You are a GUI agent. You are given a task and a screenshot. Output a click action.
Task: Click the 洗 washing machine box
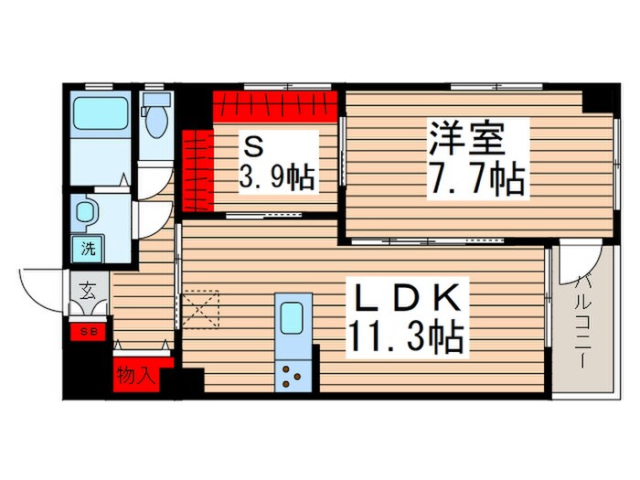click(89, 247)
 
